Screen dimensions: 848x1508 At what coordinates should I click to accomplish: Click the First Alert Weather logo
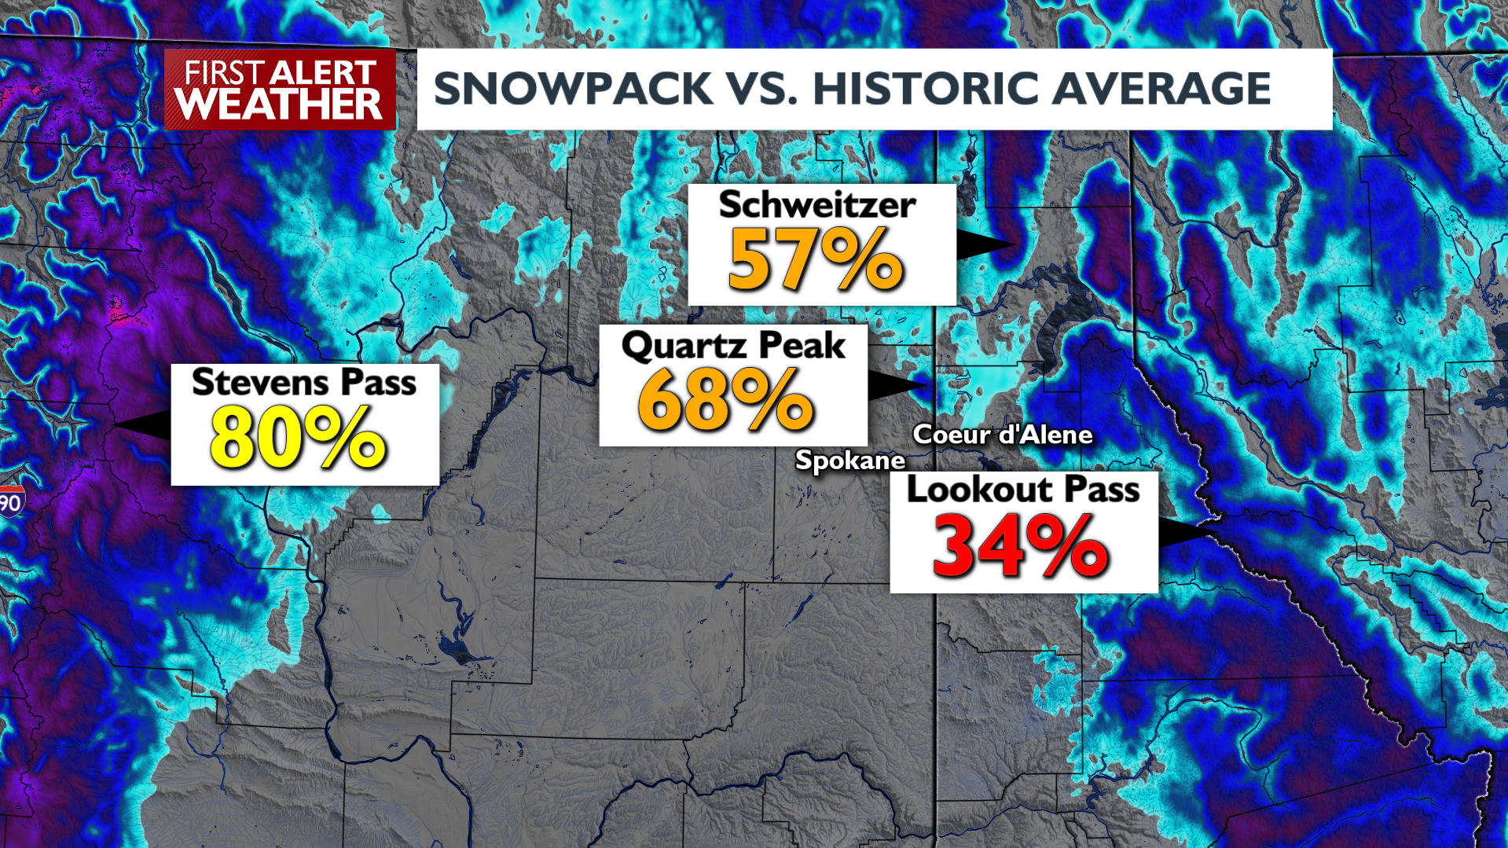pos(280,90)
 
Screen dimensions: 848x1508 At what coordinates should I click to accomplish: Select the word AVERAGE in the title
pos(1161,89)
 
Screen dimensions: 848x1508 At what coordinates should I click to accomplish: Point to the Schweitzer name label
pos(817,205)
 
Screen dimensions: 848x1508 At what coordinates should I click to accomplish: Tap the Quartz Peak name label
pos(733,346)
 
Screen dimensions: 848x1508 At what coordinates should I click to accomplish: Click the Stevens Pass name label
pos(304,383)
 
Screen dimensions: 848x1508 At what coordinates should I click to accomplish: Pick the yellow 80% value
pos(298,439)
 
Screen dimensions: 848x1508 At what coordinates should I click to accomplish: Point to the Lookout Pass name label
pos(1022,490)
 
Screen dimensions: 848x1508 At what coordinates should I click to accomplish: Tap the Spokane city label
pos(849,460)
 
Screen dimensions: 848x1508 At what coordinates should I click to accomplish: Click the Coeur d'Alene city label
pos(1002,435)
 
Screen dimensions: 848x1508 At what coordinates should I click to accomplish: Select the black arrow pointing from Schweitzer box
pos(984,245)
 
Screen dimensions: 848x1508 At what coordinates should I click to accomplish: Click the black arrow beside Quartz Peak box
pos(896,385)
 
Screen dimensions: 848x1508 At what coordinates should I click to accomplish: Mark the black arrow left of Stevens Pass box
pos(145,424)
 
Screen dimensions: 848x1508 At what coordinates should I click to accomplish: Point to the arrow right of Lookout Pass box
pos(1185,533)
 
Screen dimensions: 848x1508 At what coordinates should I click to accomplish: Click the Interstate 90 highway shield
pos(11,501)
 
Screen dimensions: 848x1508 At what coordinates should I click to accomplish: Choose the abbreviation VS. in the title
pos(763,89)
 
